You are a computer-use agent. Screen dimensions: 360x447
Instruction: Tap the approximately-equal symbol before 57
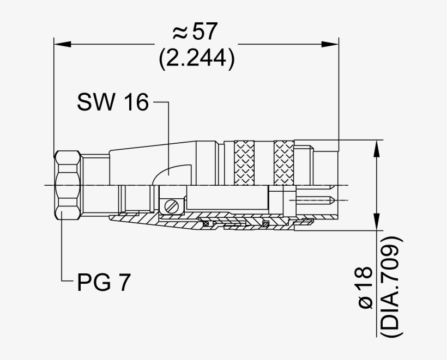(x=180, y=34)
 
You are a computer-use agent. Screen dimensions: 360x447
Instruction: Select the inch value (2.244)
(x=197, y=59)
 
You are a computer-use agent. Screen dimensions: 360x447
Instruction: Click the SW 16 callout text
(x=113, y=102)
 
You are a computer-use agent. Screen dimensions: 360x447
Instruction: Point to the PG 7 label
(x=103, y=283)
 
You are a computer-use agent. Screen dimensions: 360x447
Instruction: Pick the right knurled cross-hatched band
(x=283, y=162)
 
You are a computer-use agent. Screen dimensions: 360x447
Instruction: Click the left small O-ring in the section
(x=206, y=224)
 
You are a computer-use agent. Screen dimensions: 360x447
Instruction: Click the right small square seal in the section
(x=265, y=224)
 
